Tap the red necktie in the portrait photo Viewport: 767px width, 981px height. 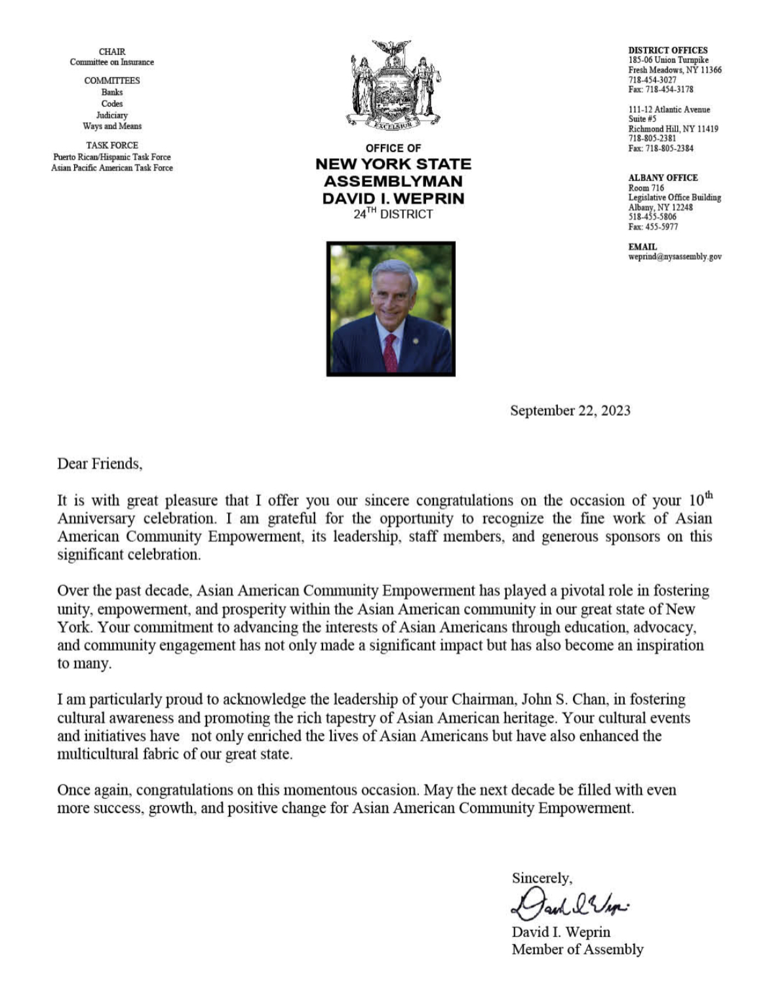point(391,351)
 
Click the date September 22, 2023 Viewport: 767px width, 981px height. point(570,411)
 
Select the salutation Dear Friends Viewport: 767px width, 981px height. point(100,464)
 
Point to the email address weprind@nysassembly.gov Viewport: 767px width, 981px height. point(675,257)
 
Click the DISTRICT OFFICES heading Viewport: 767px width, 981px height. point(668,50)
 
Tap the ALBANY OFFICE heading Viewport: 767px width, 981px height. point(663,178)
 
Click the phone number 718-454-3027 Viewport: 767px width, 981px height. point(652,80)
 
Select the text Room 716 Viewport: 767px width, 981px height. point(646,188)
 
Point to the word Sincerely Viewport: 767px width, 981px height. point(541,878)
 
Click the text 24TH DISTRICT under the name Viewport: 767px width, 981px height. point(393,214)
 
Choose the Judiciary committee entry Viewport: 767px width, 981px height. point(112,115)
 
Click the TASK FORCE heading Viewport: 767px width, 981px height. point(112,145)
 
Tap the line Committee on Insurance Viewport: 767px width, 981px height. point(112,62)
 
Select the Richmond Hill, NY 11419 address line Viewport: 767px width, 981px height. point(673,129)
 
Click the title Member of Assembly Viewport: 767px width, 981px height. point(578,950)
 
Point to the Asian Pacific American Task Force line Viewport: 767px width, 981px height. point(112,168)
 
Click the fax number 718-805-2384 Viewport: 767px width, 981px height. point(661,149)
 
